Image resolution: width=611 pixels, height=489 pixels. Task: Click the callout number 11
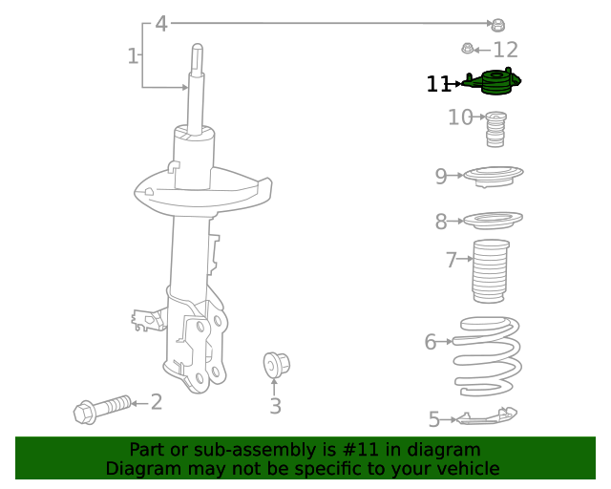click(438, 85)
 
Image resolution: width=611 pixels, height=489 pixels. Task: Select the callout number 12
click(505, 50)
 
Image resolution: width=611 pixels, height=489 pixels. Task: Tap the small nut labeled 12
click(468, 49)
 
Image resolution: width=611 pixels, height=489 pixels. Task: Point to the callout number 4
click(161, 23)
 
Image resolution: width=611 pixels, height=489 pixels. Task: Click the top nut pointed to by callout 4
click(497, 24)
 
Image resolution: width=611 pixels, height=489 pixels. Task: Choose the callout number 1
click(133, 56)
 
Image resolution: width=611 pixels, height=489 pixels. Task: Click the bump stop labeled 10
click(495, 130)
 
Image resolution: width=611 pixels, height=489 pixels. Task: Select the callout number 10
click(460, 117)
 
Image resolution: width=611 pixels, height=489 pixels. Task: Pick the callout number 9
click(441, 176)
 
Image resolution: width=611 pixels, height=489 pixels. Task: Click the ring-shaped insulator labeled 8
click(493, 220)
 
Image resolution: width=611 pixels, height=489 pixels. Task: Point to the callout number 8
click(441, 223)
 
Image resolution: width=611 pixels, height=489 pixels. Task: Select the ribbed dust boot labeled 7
click(491, 273)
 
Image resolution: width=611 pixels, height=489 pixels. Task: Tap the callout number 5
click(434, 419)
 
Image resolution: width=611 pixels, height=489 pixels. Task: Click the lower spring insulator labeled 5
click(487, 416)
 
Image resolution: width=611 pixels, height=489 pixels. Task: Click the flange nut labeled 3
click(276, 364)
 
